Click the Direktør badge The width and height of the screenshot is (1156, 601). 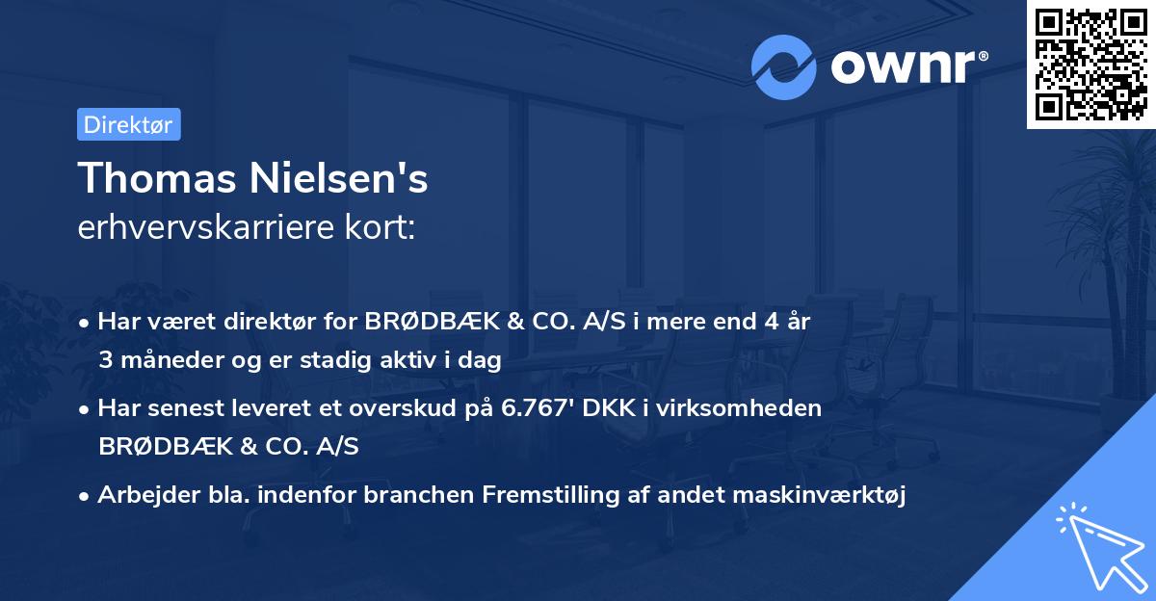click(x=128, y=124)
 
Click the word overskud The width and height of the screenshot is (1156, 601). click(x=422, y=408)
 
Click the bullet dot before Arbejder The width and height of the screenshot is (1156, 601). click(x=87, y=496)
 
